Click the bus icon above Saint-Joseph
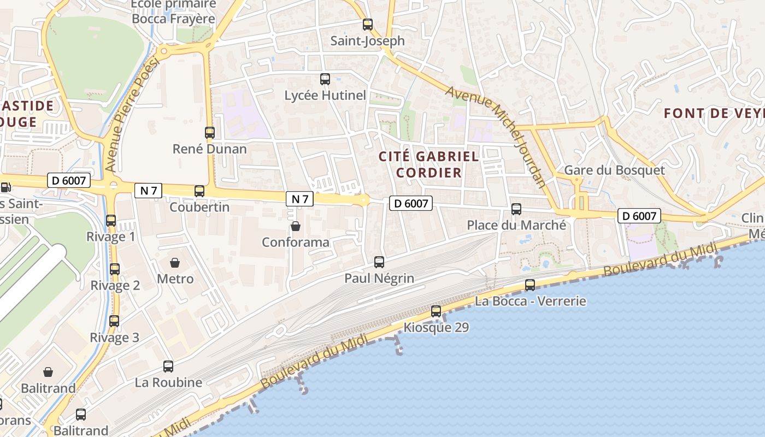[368, 25]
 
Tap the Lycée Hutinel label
[325, 95]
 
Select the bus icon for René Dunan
[210, 132]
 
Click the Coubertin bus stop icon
[199, 191]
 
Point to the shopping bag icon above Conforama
[296, 226]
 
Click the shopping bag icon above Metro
[175, 263]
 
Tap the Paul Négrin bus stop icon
[379, 262]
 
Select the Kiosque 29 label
[436, 328]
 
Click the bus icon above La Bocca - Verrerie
[530, 285]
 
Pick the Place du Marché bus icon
[516, 209]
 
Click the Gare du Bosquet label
[614, 170]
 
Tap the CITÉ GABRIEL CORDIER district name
[429, 164]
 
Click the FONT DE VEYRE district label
[714, 114]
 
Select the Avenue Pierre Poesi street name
[132, 115]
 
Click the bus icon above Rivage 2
[115, 269]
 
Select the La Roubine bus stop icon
[168, 367]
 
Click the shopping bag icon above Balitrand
[48, 373]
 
